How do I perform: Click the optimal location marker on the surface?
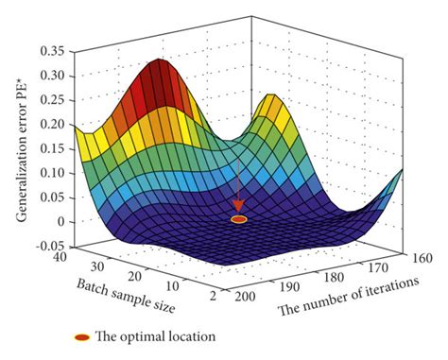[x=239, y=219]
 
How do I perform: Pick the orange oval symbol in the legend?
[x=82, y=336]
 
